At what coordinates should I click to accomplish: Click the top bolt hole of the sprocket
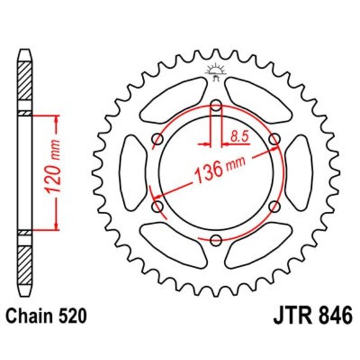216,105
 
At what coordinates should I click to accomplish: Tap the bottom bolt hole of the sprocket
216,241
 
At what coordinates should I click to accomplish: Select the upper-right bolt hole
274,139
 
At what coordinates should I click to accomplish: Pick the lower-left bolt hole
157,207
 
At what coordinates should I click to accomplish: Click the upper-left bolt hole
157,139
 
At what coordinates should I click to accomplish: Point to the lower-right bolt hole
274,207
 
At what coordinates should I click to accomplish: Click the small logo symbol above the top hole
216,70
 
